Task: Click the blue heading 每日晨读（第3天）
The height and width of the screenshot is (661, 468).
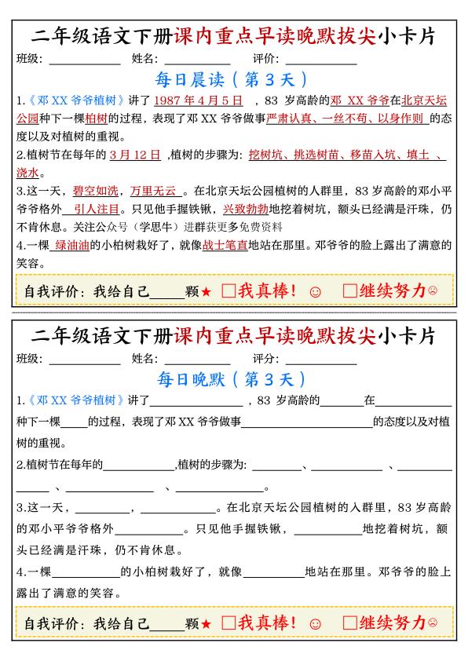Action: coord(233,79)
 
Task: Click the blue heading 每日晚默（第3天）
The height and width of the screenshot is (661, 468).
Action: coord(233,380)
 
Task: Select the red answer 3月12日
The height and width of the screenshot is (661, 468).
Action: coord(135,155)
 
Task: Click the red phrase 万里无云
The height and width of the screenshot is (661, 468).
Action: coord(155,191)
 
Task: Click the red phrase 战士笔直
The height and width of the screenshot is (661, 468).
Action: coord(225,245)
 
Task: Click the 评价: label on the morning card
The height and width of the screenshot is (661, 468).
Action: coord(267,59)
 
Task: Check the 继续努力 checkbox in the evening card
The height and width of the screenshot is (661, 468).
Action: coord(350,623)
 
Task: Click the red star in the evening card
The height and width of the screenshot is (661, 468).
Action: coord(206,624)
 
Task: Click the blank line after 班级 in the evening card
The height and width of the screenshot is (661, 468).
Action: coord(84,361)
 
